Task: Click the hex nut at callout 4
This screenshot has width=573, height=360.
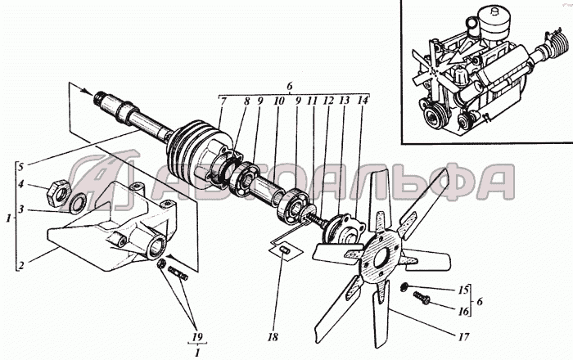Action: click(58, 192)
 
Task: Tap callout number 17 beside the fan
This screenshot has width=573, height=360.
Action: click(463, 336)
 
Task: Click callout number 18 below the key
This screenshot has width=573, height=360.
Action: click(273, 337)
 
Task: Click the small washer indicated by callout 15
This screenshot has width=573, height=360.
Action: click(404, 287)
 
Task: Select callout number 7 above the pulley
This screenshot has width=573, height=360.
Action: click(223, 101)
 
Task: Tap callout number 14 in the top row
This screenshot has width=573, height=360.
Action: click(363, 101)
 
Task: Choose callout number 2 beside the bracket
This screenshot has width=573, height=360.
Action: click(20, 265)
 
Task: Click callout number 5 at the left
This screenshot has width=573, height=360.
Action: click(20, 167)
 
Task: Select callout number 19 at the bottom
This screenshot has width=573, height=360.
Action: click(197, 336)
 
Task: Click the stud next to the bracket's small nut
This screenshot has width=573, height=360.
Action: click(178, 273)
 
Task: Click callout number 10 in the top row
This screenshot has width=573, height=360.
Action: click(279, 101)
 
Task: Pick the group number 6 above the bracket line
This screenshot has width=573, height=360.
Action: click(290, 87)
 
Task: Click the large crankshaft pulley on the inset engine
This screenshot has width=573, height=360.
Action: click(434, 117)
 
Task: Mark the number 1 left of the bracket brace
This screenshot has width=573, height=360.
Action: click(8, 218)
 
